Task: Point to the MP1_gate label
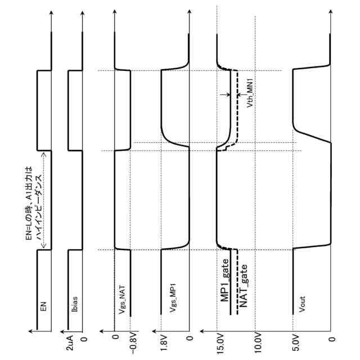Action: click(224, 286)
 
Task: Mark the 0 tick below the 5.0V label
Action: click(332, 339)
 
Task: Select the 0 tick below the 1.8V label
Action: click(190, 339)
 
